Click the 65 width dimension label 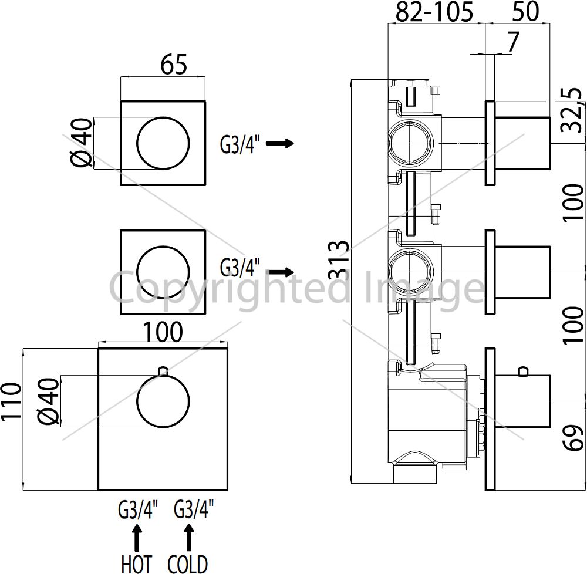click(173, 65)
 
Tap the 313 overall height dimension click(339, 260)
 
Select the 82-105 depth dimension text click(434, 12)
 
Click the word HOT click(136, 563)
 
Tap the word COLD click(188, 563)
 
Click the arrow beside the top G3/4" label click(280, 143)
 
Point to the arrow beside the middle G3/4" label click(280, 272)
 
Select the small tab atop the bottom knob click(163, 371)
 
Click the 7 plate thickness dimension click(513, 42)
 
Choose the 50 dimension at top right click(525, 11)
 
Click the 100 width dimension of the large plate click(163, 332)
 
